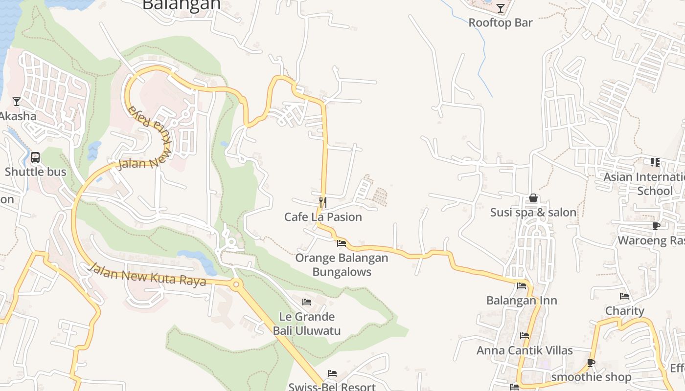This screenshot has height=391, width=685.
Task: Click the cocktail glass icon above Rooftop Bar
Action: pyautogui.click(x=500, y=8)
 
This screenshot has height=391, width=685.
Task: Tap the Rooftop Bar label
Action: pyautogui.click(x=500, y=22)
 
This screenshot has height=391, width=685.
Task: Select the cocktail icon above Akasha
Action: pyautogui.click(x=17, y=102)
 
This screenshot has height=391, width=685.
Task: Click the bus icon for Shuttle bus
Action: pyautogui.click(x=35, y=157)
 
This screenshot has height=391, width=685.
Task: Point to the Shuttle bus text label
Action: pyautogui.click(x=35, y=172)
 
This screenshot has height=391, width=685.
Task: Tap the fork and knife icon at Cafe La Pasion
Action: pyautogui.click(x=322, y=202)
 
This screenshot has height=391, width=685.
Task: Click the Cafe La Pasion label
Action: pyautogui.click(x=323, y=217)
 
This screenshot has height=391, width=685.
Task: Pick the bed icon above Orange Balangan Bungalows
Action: pyautogui.click(x=342, y=243)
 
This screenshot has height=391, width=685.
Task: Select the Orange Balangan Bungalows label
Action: pyautogui.click(x=342, y=264)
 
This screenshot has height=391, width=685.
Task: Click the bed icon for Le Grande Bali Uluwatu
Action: pyautogui.click(x=307, y=302)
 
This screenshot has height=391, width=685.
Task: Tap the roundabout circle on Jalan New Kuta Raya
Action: pyautogui.click(x=236, y=284)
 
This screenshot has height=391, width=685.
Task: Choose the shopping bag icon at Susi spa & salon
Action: pyautogui.click(x=533, y=198)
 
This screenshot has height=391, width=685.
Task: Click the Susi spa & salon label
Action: pyautogui.click(x=533, y=213)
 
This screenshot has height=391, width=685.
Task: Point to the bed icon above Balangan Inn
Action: pyautogui.click(x=522, y=286)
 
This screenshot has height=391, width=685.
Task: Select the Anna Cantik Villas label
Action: pyautogui.click(x=525, y=350)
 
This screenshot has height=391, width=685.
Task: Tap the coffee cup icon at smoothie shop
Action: pyautogui.click(x=591, y=363)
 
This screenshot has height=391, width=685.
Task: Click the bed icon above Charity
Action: pyautogui.click(x=624, y=296)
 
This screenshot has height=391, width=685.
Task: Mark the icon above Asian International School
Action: pyautogui.click(x=655, y=162)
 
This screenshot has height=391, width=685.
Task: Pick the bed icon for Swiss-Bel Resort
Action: pyautogui.click(x=332, y=374)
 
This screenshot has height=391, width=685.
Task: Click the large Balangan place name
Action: pyautogui.click(x=181, y=5)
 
